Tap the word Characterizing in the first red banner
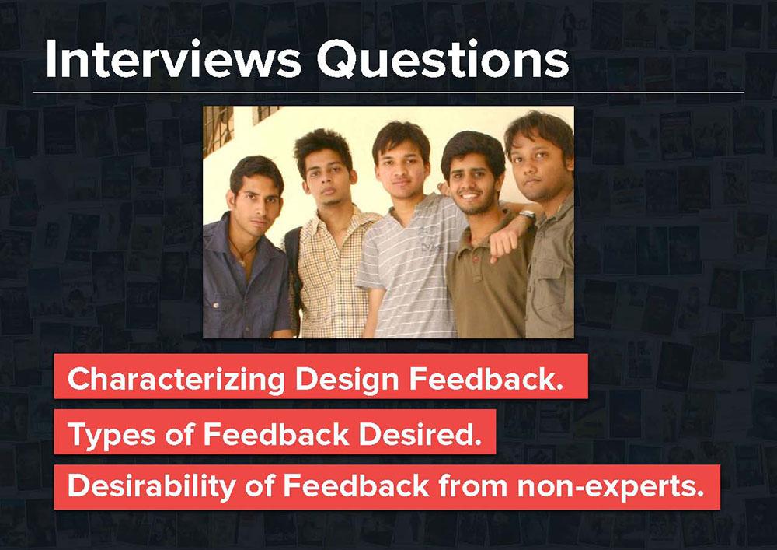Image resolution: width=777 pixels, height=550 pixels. point(176,380)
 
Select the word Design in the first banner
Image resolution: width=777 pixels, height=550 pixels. point(347,380)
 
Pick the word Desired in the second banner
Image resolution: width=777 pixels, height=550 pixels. point(420,434)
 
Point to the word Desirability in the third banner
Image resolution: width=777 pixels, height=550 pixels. point(152,486)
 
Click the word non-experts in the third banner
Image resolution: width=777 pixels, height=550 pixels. point(611,487)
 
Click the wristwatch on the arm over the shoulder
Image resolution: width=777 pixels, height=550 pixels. point(528,214)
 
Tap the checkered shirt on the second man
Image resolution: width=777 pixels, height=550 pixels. point(331,278)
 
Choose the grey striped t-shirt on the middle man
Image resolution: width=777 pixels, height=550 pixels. point(411,268)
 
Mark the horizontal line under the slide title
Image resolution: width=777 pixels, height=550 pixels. point(388,93)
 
